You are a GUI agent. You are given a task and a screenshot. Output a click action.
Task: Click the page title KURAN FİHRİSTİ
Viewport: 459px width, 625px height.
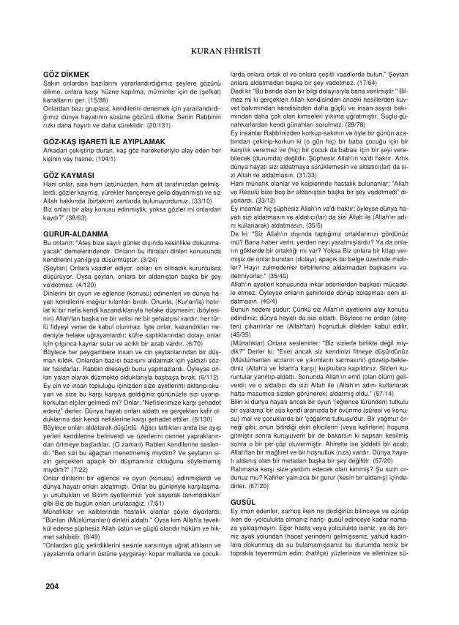(229, 51)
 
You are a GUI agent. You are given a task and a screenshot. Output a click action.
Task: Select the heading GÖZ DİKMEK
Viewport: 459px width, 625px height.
(66, 75)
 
